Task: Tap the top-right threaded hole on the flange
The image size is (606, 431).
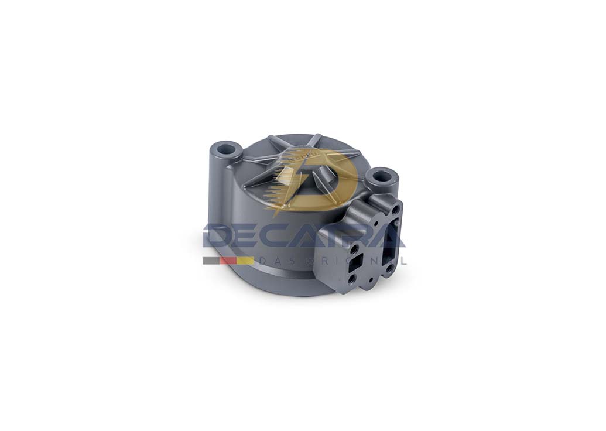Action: (396, 209)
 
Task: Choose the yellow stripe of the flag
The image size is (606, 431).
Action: (245, 261)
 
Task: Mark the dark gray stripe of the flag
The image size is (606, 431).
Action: (211, 261)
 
